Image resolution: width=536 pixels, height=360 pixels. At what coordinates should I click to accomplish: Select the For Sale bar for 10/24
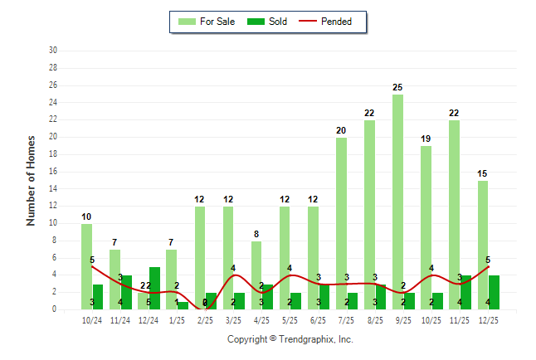(86, 265)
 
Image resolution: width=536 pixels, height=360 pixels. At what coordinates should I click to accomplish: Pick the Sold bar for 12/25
(495, 292)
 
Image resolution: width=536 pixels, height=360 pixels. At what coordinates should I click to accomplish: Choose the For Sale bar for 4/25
(256, 274)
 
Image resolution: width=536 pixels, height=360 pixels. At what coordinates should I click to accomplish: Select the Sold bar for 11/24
(126, 292)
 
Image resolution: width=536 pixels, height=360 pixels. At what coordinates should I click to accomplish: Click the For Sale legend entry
(207, 22)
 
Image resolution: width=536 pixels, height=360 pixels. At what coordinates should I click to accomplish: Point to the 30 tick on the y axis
(53, 51)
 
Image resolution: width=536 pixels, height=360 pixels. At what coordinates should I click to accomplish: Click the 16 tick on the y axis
(53, 172)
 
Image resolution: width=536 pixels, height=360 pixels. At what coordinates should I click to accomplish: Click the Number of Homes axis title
(32, 180)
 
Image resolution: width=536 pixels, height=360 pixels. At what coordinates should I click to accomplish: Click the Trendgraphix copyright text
(290, 339)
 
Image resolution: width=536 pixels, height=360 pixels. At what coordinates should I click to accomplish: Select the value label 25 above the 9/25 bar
(398, 87)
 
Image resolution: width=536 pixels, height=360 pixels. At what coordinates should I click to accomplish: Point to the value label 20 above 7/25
(341, 130)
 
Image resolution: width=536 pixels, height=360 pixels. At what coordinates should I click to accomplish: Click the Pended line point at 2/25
(206, 309)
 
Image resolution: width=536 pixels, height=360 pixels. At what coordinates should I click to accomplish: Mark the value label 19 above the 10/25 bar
(426, 139)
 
